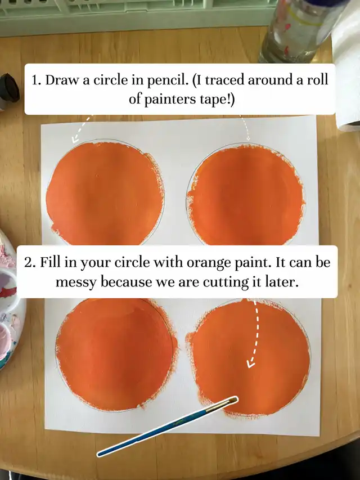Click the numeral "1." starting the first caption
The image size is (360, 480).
(x=37, y=80)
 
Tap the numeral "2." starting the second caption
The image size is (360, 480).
(x=30, y=263)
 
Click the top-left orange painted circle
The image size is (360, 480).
(x=105, y=193)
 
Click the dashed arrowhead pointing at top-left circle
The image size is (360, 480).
(x=75, y=140)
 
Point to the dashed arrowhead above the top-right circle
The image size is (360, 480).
(x=248, y=138)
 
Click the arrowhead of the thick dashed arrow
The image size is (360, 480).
(x=251, y=364)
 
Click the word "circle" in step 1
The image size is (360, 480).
(x=110, y=80)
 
